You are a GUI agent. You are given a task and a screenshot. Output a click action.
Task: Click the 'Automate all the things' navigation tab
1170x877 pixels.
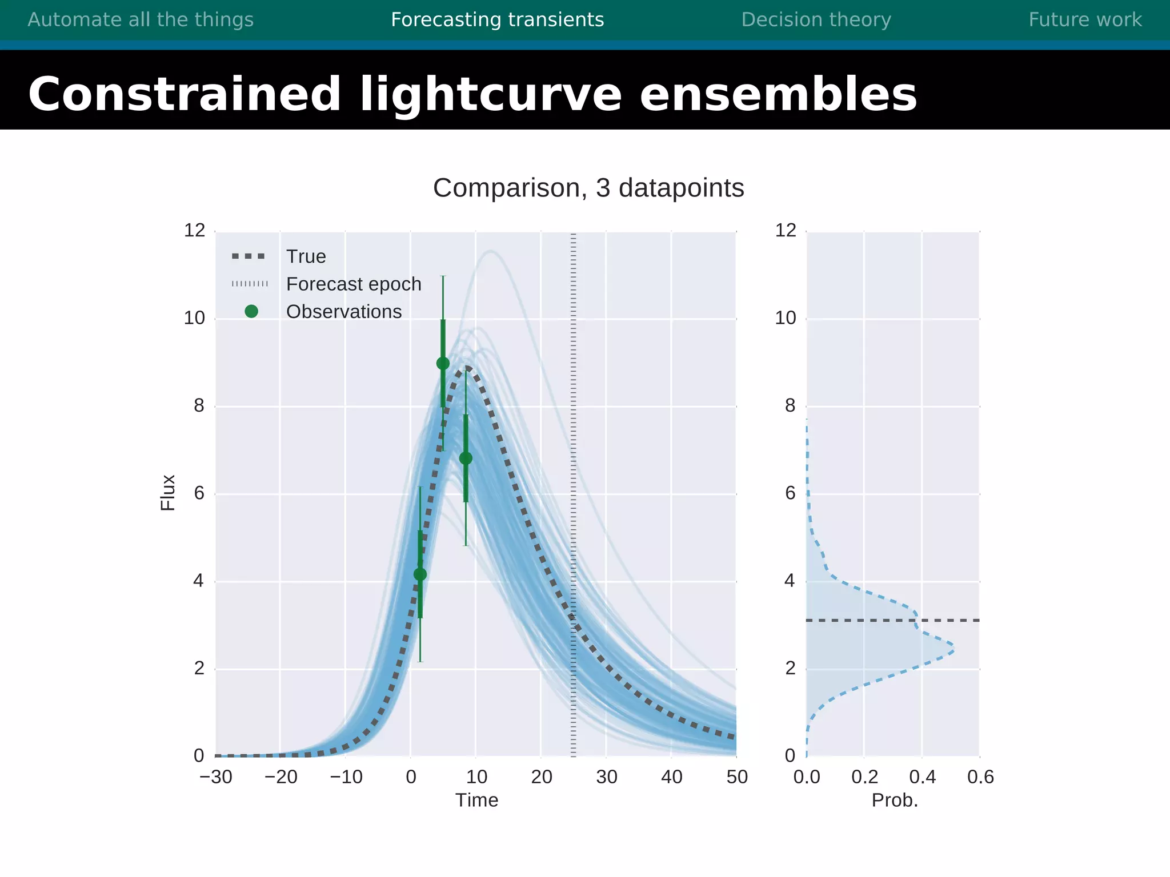tap(141, 20)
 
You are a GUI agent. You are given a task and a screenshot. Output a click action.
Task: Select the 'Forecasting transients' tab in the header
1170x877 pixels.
tap(497, 20)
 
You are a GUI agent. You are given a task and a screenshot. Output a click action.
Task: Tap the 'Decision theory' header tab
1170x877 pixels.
tap(816, 20)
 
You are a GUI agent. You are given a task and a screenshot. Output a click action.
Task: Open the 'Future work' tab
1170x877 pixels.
tap(1085, 20)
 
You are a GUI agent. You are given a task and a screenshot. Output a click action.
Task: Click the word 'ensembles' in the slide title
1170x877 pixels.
tap(778, 95)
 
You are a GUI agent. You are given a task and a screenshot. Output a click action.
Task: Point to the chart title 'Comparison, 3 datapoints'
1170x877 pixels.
tap(588, 188)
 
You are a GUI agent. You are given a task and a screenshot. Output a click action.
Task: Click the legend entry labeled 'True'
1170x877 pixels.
tap(306, 256)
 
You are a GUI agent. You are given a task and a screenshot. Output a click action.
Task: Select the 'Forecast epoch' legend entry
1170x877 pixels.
tap(353, 284)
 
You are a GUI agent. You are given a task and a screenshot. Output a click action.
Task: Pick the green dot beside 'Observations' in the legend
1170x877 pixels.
tap(251, 311)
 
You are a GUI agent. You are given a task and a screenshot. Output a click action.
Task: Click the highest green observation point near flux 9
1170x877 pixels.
tap(443, 364)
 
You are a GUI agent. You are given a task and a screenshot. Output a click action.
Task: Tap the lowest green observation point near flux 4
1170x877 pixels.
tap(420, 574)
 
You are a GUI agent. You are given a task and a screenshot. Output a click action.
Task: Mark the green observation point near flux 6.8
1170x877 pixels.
tap(466, 458)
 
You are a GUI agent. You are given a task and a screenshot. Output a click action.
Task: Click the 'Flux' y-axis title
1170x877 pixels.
tap(167, 492)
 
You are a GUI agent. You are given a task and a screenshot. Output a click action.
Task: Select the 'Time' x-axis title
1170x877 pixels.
tap(476, 800)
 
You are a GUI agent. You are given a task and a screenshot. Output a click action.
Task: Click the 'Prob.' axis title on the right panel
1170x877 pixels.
tap(895, 800)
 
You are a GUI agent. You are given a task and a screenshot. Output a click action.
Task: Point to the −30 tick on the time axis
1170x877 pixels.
tap(216, 777)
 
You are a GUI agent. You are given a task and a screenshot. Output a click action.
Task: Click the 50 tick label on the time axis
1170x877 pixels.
tap(737, 777)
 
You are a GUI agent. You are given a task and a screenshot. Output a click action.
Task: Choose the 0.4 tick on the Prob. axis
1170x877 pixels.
tap(922, 777)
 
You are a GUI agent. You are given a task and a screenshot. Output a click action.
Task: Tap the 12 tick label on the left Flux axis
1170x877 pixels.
tap(194, 231)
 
